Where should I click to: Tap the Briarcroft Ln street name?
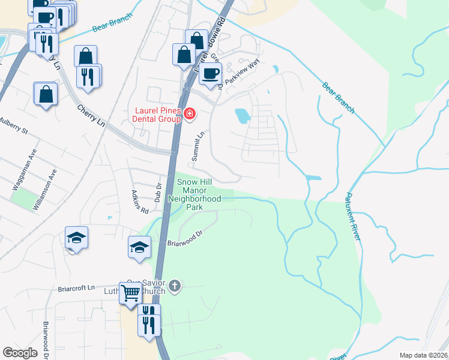(77, 288)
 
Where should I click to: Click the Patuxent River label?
(352, 217)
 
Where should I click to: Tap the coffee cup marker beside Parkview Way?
(210, 74)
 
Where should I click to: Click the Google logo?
(20, 353)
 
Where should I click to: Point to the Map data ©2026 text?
(423, 355)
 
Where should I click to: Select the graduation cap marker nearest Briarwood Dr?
(139, 247)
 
